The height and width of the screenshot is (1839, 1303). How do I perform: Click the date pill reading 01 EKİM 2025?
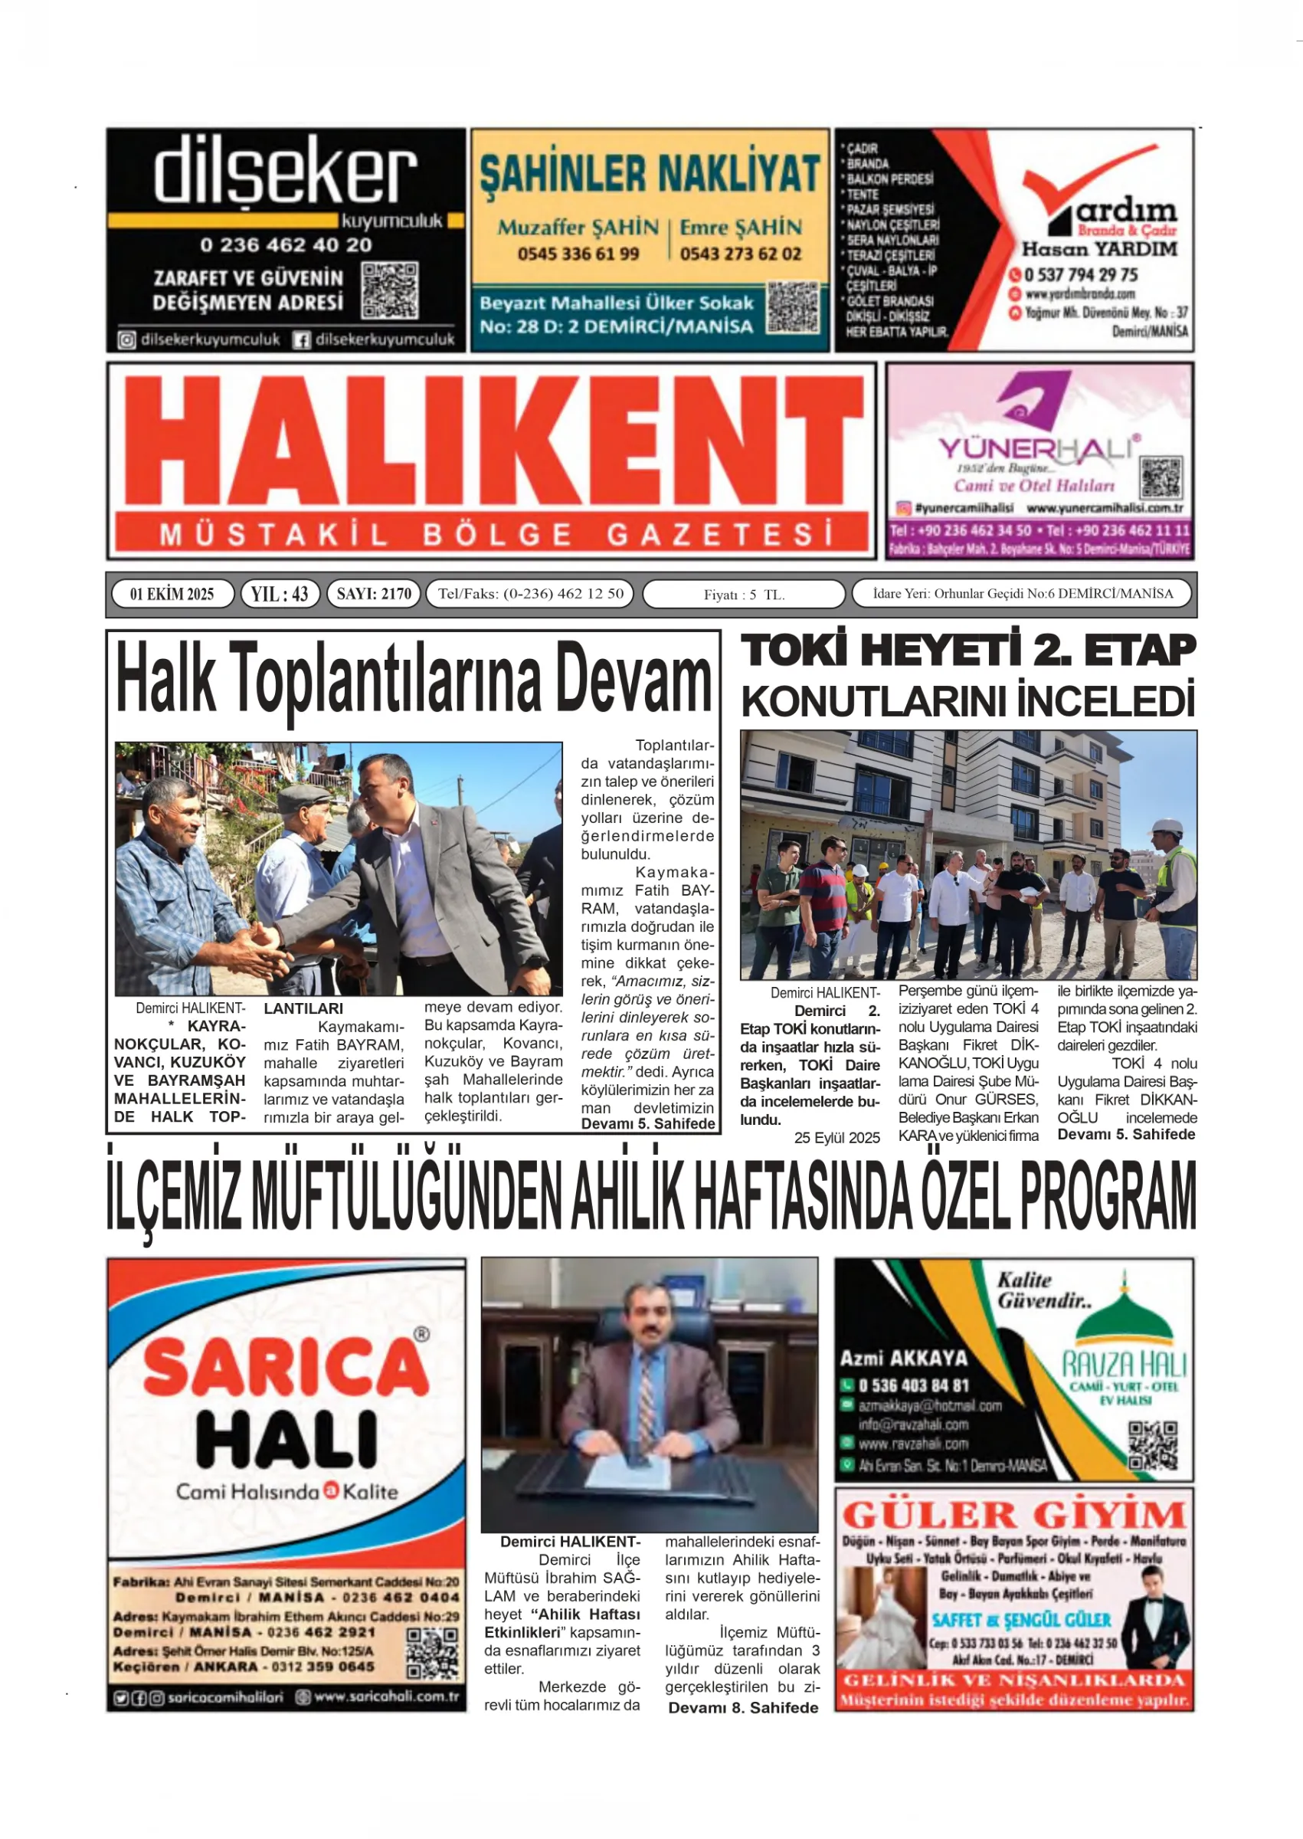[172, 594]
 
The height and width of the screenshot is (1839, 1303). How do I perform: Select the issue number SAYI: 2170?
[373, 594]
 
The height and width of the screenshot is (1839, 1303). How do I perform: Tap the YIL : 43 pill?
[279, 594]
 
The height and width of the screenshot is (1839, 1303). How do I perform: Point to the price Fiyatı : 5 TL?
[744, 595]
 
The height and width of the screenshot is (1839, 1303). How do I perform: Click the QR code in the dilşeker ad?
[390, 290]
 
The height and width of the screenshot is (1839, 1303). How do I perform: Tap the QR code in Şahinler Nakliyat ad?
[793, 307]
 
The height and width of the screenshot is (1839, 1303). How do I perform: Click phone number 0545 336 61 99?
[578, 254]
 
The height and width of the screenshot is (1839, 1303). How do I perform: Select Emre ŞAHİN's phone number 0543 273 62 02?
[741, 254]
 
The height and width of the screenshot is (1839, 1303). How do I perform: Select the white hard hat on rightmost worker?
[1167, 828]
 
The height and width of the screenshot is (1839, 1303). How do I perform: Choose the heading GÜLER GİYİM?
[1013, 1516]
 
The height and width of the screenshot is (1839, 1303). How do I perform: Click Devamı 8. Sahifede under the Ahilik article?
[743, 1707]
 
